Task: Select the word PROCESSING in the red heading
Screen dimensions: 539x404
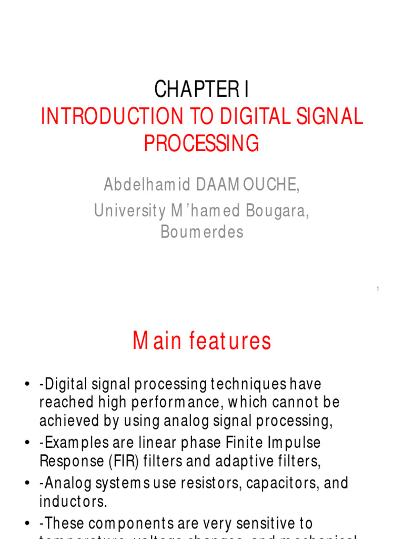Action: point(201,143)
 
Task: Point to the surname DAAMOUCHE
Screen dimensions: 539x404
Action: point(246,185)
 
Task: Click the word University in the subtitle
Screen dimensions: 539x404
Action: point(128,211)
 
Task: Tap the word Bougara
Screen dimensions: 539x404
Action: point(277,211)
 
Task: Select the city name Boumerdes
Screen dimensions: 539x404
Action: point(201,232)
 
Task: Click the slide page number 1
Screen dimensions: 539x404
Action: point(378,289)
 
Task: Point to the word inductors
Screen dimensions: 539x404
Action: point(73,501)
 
